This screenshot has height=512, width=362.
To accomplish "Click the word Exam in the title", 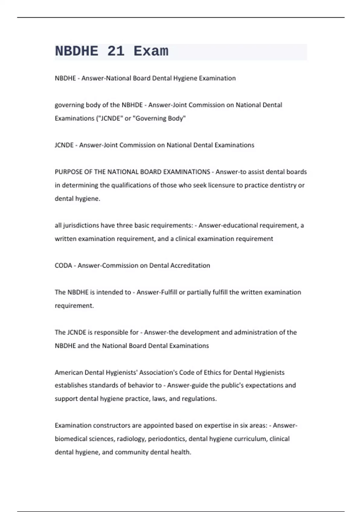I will [x=151, y=51].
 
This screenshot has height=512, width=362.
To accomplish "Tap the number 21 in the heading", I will [x=116, y=51].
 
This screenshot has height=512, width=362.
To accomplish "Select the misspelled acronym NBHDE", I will [x=132, y=105].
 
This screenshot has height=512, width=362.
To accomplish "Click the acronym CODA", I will [x=63, y=266].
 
